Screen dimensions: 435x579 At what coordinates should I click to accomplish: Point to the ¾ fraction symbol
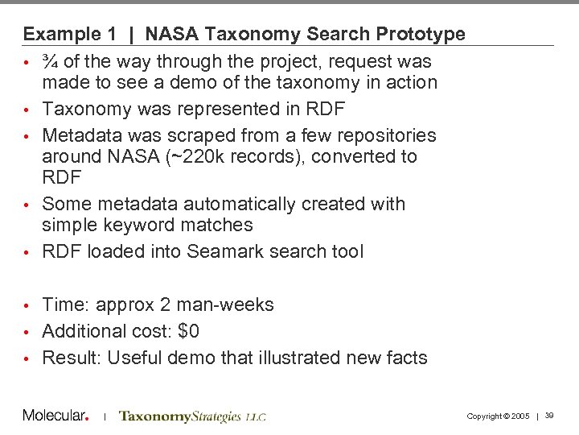[x=50, y=61]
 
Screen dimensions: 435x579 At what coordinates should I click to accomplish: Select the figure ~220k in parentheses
[x=197, y=156]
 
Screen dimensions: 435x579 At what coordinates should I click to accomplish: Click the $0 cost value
[x=188, y=331]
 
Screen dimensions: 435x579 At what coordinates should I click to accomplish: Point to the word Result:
[x=72, y=358]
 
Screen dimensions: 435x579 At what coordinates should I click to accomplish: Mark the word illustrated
[x=292, y=358]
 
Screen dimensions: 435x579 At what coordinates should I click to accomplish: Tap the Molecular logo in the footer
[x=55, y=416]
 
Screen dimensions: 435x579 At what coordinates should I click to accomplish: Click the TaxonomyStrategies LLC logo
[x=191, y=416]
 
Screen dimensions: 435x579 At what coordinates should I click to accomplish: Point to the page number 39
[x=549, y=416]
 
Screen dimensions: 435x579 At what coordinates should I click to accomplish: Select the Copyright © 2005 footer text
[x=498, y=416]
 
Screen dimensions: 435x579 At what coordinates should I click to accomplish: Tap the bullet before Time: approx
[x=27, y=305]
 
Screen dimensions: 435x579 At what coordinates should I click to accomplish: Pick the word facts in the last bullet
[x=405, y=358]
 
